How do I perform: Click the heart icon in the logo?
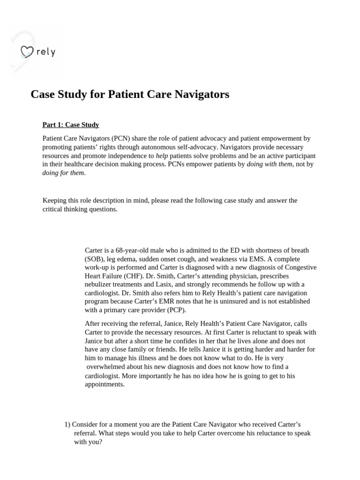(27, 52)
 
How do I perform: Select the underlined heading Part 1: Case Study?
(71, 125)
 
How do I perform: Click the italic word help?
(162, 156)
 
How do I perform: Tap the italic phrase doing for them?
(63, 172)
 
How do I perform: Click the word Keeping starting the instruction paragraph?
(55, 201)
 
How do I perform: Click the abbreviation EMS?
(258, 259)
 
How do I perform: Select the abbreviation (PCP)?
(174, 309)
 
